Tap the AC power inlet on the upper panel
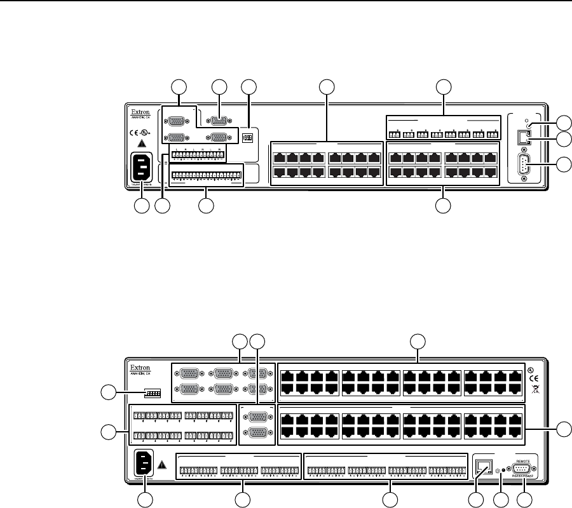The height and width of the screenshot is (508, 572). pyautogui.click(x=141, y=170)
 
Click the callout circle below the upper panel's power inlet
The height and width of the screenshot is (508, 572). pyautogui.click(x=141, y=206)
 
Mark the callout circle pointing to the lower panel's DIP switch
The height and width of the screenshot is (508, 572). pyautogui.click(x=109, y=394)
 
